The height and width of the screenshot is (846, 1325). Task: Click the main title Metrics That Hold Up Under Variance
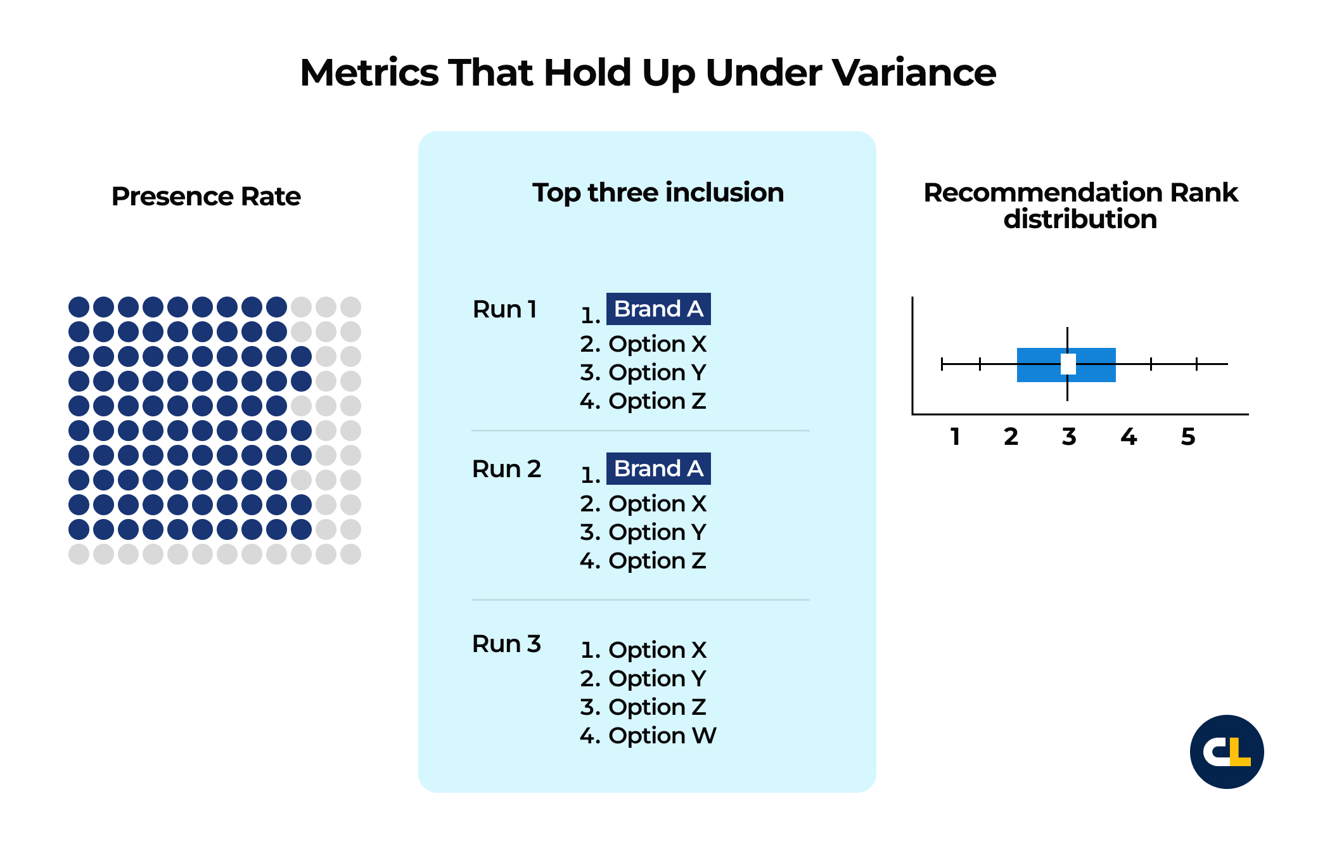pos(648,73)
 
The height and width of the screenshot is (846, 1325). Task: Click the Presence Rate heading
pos(206,196)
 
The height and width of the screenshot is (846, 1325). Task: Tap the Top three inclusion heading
pos(658,193)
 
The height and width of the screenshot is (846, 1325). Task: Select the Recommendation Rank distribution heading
pos(1080,205)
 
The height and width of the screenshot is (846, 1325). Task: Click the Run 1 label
pos(505,309)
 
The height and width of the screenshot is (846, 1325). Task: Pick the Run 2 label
pos(507,469)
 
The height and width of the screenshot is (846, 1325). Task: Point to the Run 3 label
pos(507,644)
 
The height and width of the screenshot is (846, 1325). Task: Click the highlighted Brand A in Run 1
pos(658,309)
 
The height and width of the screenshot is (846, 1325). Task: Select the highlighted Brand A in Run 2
pos(658,469)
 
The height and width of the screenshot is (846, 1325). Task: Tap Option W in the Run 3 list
pos(662,736)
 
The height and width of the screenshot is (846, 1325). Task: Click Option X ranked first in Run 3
pos(657,650)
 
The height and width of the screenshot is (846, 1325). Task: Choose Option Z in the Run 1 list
pos(657,401)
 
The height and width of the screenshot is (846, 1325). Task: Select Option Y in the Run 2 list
pos(657,532)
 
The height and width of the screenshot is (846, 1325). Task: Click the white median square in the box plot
pos(1068,364)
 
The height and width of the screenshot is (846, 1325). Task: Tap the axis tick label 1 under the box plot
pos(955,437)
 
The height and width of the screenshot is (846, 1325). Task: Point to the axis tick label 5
pos(1188,437)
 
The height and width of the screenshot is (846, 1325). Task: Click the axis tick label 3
pos(1069,437)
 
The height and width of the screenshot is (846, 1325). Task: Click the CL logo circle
pos(1227,752)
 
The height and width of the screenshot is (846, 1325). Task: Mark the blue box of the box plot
pos(1066,365)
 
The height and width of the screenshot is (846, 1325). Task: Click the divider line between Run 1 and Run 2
pos(641,431)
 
